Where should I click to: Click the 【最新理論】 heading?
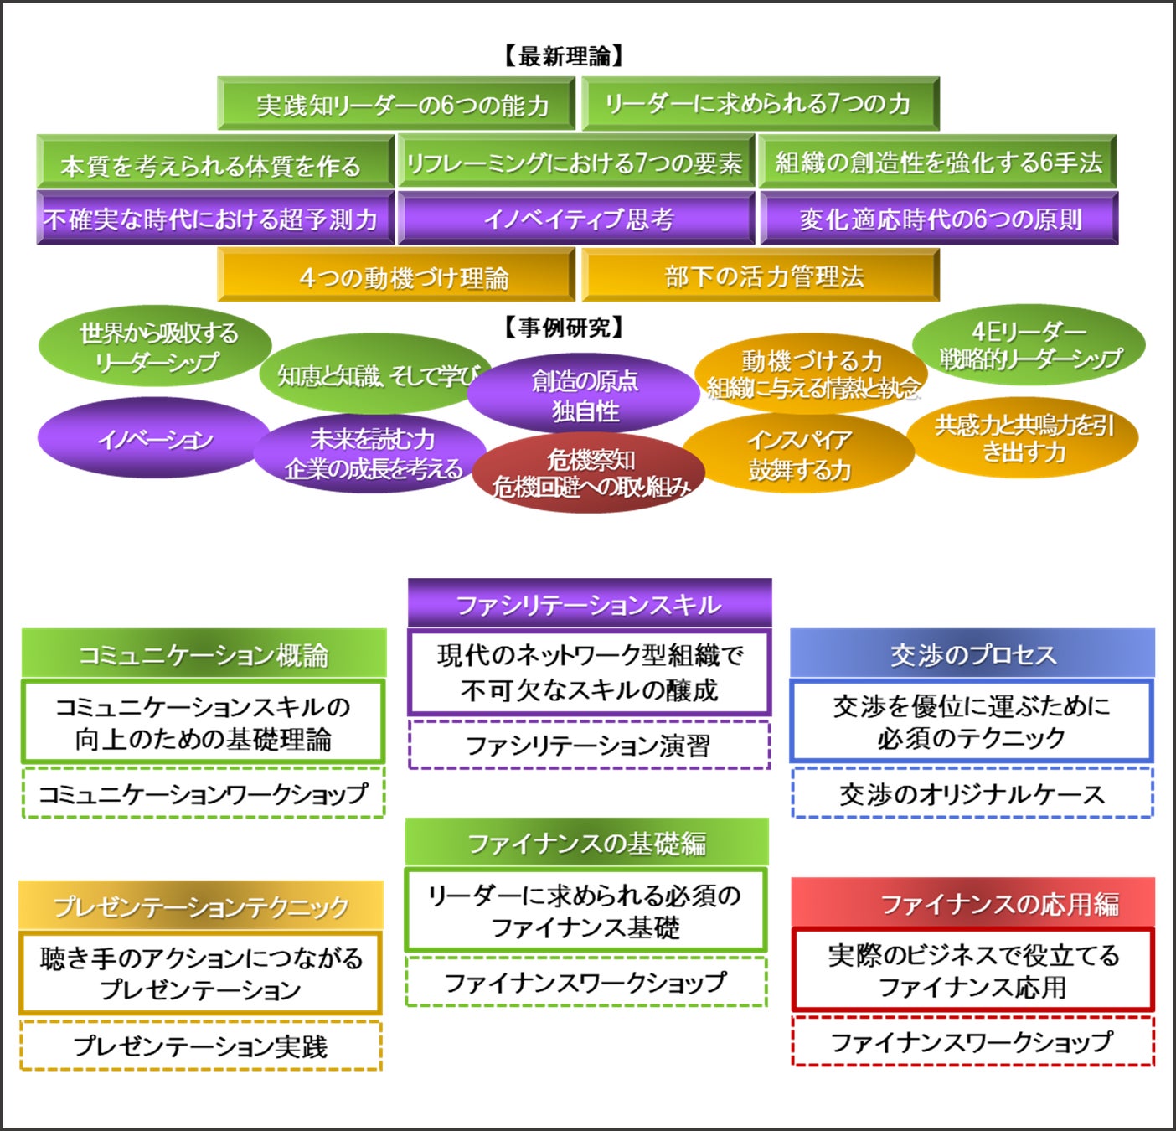coord(564,56)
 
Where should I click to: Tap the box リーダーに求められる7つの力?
coord(760,104)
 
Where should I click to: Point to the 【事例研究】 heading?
coord(564,328)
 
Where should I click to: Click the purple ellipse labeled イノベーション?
coord(154,438)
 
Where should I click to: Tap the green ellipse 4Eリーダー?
coord(1029,344)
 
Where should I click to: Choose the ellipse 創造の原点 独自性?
coord(584,395)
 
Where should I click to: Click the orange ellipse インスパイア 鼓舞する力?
coord(798,454)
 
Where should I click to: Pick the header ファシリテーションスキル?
coord(589,603)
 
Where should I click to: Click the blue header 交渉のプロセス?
coord(972,653)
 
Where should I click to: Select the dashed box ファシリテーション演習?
coord(589,745)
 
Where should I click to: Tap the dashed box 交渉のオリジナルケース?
coord(972,793)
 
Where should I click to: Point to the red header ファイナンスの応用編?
coord(972,903)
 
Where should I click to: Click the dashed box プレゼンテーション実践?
coord(200,1046)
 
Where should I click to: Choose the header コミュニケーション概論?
coord(204,653)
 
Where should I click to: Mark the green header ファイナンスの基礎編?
coord(586,842)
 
